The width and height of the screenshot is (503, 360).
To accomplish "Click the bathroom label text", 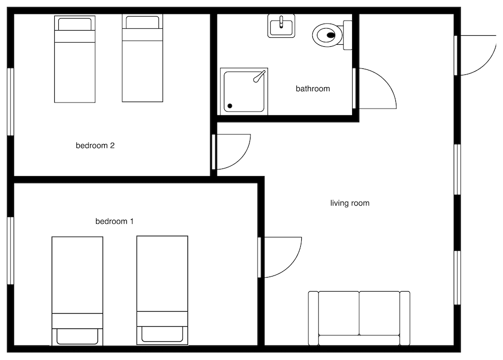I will pyautogui.click(x=312, y=89).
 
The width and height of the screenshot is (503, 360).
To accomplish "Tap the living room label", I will pyautogui.click(x=350, y=203).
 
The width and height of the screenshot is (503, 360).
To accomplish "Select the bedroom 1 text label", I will pyautogui.click(x=114, y=221).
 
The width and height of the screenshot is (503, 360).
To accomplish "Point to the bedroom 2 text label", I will pyautogui.click(x=95, y=146).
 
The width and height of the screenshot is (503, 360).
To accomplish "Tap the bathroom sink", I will pyautogui.click(x=281, y=26).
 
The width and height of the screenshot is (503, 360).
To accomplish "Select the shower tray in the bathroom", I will pyautogui.click(x=244, y=91).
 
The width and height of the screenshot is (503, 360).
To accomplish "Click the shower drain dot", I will pyautogui.click(x=230, y=106).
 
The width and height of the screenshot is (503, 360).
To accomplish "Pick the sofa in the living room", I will pyautogui.click(x=359, y=318).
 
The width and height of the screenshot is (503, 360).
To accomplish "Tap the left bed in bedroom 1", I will pyautogui.click(x=77, y=290).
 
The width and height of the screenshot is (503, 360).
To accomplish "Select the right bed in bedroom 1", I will pyautogui.click(x=162, y=290).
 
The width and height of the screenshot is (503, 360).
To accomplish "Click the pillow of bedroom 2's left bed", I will pyautogui.click(x=74, y=24).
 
